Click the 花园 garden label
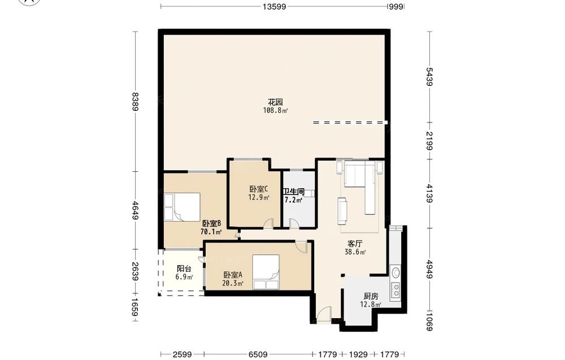coord(275,102)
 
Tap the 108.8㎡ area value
coord(275,111)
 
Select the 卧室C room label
coord(259,189)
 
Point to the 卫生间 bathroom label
coord(294,192)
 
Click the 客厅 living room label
coord(355,244)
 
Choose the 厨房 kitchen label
coord(371,296)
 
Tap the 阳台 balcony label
coord(184,268)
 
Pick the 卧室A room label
coord(233,275)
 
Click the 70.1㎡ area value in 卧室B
coord(211,232)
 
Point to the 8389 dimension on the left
coord(135,102)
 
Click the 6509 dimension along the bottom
coord(258,354)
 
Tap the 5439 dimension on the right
coord(429,76)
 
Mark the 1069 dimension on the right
coord(429,322)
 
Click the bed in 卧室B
coord(182,207)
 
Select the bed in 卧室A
coord(266,272)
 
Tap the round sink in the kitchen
coord(395,272)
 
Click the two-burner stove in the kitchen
coord(395,290)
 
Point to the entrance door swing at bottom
coord(324,314)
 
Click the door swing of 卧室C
coord(268,223)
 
